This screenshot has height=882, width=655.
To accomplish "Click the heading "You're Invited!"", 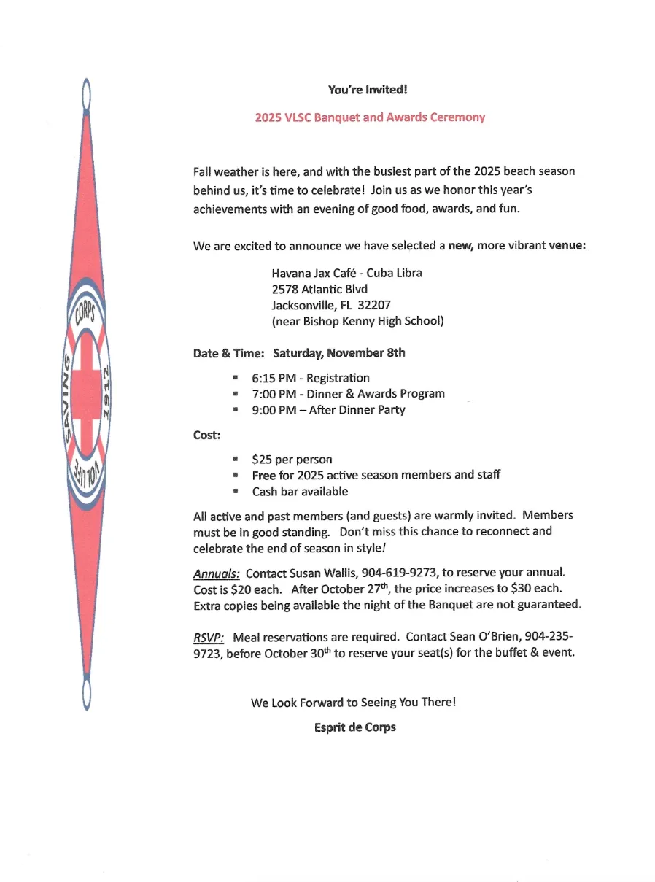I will [367, 90].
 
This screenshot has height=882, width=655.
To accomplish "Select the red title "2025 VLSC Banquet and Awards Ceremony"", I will [370, 117].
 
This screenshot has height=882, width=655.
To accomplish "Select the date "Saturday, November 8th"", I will [339, 353].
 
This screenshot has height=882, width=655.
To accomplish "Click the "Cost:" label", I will [207, 435].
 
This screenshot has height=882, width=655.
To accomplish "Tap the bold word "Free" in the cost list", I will [264, 476].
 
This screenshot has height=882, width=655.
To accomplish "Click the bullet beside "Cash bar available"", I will [236, 492].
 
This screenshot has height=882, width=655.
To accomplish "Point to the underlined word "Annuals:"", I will [217, 573].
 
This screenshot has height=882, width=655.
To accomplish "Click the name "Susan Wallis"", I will [322, 573].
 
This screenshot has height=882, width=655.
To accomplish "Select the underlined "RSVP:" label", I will [208, 637].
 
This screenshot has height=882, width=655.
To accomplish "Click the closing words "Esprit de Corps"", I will [355, 727].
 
